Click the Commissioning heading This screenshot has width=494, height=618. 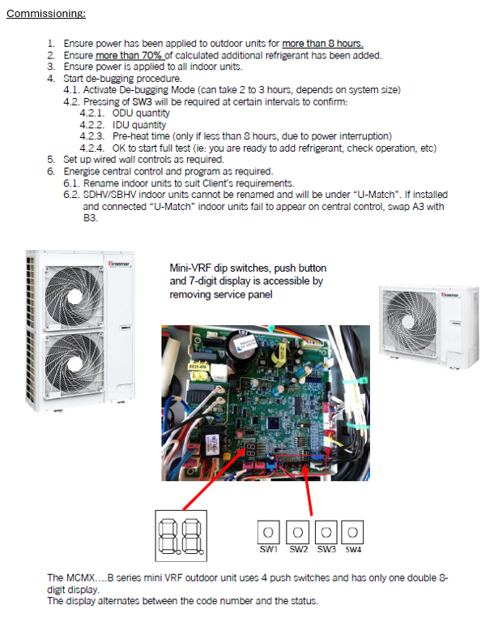[x=46, y=14]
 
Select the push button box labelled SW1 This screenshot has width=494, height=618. [x=269, y=532]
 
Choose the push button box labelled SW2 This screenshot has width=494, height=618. [x=297, y=532]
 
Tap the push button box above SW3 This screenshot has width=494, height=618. [x=326, y=532]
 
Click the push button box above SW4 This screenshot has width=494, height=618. [x=353, y=532]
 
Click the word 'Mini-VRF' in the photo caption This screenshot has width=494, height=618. [x=188, y=268]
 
